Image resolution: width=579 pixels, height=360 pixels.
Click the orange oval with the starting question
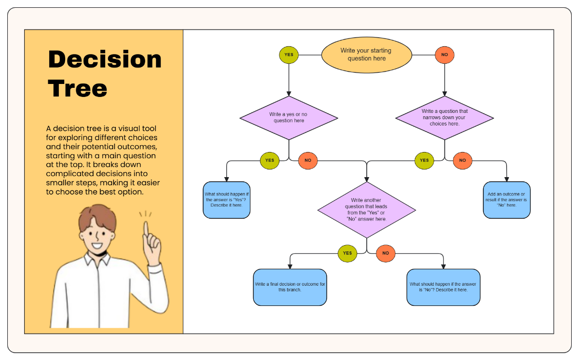coord(366,55)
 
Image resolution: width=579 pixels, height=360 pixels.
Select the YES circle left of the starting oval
coord(289,55)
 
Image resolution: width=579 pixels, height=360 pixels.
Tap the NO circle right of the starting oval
coord(444,55)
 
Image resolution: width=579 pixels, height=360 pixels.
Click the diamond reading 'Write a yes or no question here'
coord(289,118)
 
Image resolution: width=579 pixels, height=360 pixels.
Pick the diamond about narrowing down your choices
coord(444,118)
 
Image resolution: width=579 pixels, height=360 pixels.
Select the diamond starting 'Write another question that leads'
coord(366,209)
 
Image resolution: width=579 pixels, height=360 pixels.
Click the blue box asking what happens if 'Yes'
coord(226,200)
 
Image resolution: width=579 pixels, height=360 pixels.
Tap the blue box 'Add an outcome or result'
coord(507,200)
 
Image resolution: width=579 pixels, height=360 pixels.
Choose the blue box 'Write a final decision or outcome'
coord(290,287)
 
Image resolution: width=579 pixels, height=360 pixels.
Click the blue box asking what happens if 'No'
coord(443,287)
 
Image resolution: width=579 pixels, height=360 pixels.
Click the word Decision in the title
coord(105,59)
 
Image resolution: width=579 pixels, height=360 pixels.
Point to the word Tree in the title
coord(78,88)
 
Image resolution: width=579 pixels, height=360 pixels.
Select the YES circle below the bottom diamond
coord(347,253)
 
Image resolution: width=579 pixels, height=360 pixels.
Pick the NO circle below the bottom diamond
coord(386,253)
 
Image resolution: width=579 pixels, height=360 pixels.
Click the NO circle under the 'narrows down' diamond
coord(463,160)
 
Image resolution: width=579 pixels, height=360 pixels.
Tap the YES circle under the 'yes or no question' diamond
coord(269,160)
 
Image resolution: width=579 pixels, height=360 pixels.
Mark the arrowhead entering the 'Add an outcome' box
coord(507,179)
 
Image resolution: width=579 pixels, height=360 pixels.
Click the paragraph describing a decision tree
coord(103,160)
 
